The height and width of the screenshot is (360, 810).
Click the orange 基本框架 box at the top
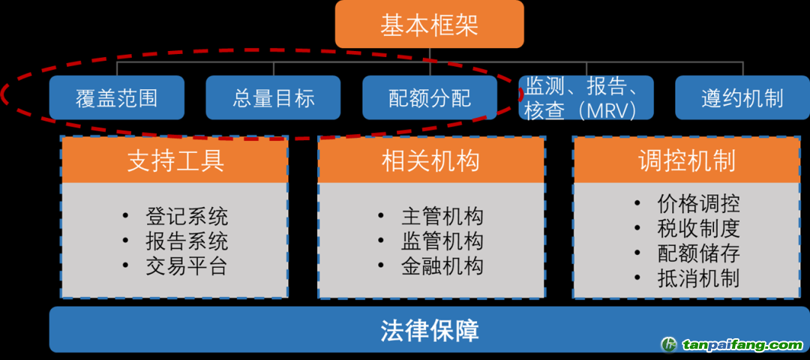pyautogui.click(x=429, y=25)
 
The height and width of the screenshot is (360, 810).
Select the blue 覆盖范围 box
pyautogui.click(x=117, y=97)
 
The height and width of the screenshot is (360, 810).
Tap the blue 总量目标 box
pyautogui.click(x=274, y=97)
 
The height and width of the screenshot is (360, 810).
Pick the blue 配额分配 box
pyautogui.click(x=430, y=97)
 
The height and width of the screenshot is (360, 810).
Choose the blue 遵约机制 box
pyautogui.click(x=742, y=97)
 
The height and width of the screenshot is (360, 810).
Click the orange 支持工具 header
pyautogui.click(x=175, y=160)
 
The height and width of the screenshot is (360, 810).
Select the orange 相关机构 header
pyautogui.click(x=431, y=160)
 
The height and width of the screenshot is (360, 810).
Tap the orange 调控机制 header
pyautogui.click(x=687, y=160)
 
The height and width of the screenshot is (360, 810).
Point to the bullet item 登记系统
pyautogui.click(x=187, y=217)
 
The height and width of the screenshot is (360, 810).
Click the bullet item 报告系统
pyautogui.click(x=187, y=241)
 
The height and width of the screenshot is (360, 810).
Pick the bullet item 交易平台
pyautogui.click(x=187, y=266)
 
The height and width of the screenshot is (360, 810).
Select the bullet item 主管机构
pyautogui.click(x=442, y=217)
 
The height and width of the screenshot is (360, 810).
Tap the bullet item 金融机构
pyautogui.click(x=442, y=266)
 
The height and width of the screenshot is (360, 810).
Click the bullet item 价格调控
pyautogui.click(x=698, y=203)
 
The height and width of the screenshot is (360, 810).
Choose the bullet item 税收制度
pyautogui.click(x=698, y=228)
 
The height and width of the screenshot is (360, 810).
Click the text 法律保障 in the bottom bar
pyautogui.click(x=429, y=331)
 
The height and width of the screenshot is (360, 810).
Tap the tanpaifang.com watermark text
pyautogui.click(x=742, y=345)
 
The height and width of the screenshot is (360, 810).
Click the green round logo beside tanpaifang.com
pyautogui.click(x=669, y=344)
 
